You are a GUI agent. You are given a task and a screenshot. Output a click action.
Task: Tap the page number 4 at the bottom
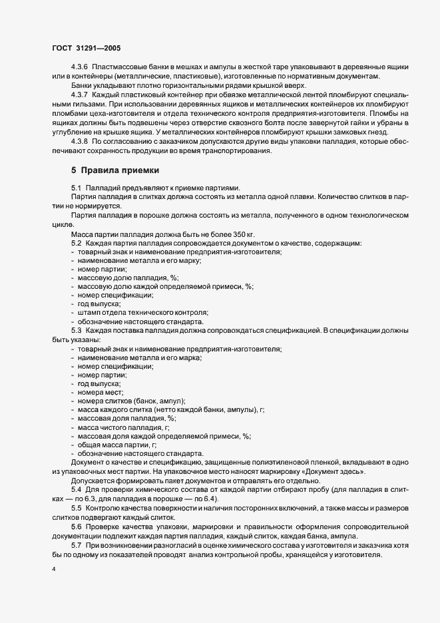click(x=53, y=569)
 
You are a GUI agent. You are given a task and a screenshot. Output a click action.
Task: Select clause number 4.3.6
click(x=79, y=69)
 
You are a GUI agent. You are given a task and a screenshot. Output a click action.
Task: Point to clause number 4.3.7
click(x=79, y=95)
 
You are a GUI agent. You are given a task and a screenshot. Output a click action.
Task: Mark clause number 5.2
click(x=76, y=243)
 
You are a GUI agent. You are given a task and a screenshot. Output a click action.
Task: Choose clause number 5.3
click(x=76, y=330)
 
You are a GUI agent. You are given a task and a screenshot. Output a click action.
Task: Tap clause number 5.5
click(x=76, y=507)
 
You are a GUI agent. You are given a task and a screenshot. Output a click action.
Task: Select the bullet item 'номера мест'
click(x=100, y=393)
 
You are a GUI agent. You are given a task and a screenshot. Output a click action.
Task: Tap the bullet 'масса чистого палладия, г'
click(x=123, y=427)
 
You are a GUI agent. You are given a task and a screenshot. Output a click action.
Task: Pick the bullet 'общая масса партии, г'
click(x=117, y=445)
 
